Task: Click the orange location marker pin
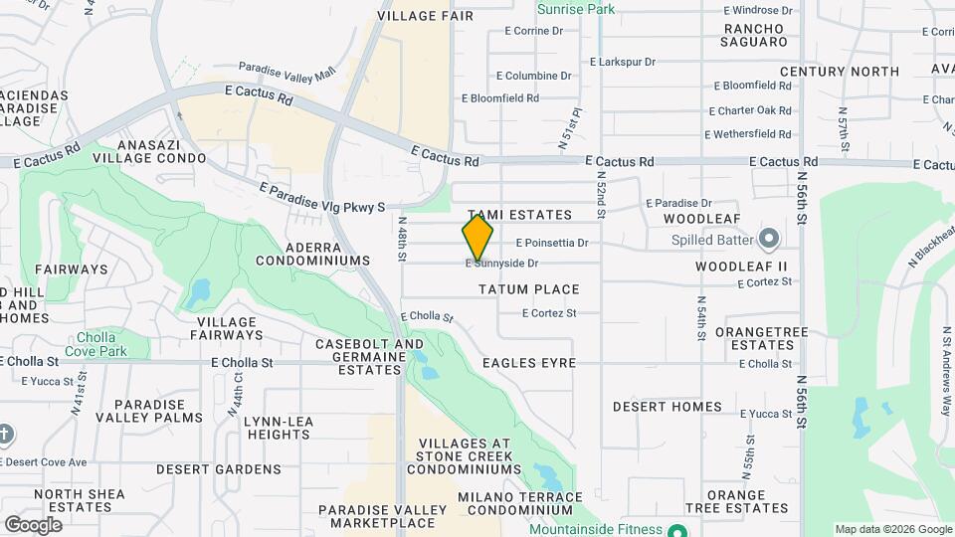tap(477, 237)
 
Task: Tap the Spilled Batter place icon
tap(768, 239)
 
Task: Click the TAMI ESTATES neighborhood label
tap(519, 215)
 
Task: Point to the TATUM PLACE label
tap(528, 289)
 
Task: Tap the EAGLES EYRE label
tap(529, 363)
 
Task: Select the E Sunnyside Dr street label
tap(502, 264)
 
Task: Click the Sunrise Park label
tap(576, 9)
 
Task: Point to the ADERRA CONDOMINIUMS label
tap(312, 254)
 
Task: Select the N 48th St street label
tap(403, 241)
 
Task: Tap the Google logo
tap(33, 524)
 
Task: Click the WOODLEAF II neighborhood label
tap(741, 267)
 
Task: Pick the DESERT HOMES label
tap(668, 407)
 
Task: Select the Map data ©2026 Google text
tap(892, 529)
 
